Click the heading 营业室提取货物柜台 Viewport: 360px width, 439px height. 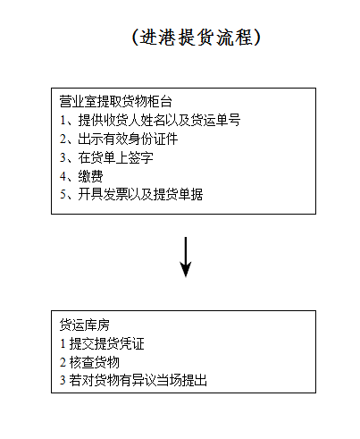[x=115, y=102]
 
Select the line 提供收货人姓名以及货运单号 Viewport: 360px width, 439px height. [x=159, y=120]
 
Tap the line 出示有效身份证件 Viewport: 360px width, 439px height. [x=128, y=139]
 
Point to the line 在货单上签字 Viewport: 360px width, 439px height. [x=115, y=157]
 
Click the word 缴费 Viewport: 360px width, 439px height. [x=90, y=176]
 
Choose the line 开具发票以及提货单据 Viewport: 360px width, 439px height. [x=140, y=195]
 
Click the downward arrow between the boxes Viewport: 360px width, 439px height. [x=186, y=257]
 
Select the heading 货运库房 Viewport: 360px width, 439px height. [x=85, y=325]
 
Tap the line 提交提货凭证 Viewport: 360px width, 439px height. [x=106, y=343]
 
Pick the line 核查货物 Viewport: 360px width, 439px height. [x=94, y=362]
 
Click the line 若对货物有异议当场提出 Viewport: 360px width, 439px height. [x=138, y=380]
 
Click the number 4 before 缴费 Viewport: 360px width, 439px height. [x=63, y=176]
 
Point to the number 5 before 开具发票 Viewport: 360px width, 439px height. [x=63, y=195]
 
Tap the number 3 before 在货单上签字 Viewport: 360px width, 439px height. [x=63, y=157]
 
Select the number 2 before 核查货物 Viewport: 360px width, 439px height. [x=63, y=362]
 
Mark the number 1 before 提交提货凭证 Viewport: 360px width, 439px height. [x=63, y=343]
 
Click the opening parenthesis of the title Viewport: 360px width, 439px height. [x=136, y=38]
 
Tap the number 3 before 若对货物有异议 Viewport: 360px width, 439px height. [x=63, y=381]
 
